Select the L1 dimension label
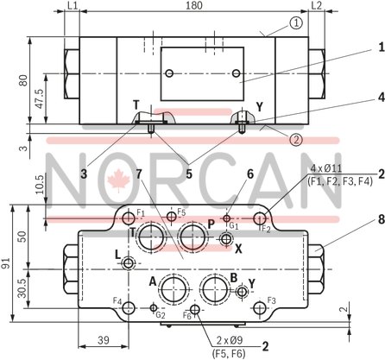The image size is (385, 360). [72, 7]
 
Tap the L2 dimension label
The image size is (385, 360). [316, 7]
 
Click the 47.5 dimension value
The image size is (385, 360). [37, 95]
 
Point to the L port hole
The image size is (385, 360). [129, 262]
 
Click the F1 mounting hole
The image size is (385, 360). [129, 215]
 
